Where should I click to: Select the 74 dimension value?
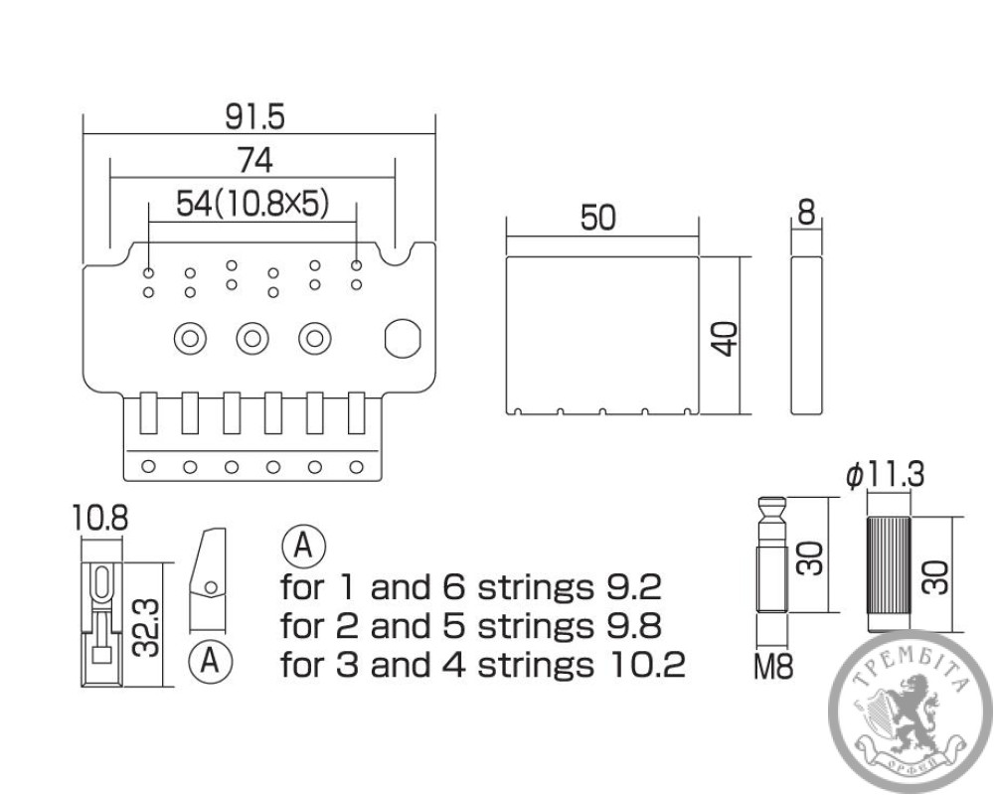pyautogui.click(x=254, y=159)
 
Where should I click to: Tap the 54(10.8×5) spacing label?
pyautogui.click(x=252, y=204)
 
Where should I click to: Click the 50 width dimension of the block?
pyautogui.click(x=598, y=219)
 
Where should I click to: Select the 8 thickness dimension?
pyautogui.click(x=806, y=211)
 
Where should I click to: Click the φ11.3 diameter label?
pyautogui.click(x=886, y=476)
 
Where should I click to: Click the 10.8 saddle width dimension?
pyautogui.click(x=100, y=518)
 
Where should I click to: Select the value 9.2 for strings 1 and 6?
pyautogui.click(x=632, y=588)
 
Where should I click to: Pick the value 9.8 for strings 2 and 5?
pyautogui.click(x=632, y=626)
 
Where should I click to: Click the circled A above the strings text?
pyautogui.click(x=304, y=545)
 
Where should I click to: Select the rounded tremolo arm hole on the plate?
pyautogui.click(x=403, y=337)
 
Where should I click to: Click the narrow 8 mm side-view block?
pyautogui.click(x=807, y=334)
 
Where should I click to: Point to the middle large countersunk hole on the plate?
pyautogui.click(x=252, y=338)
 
